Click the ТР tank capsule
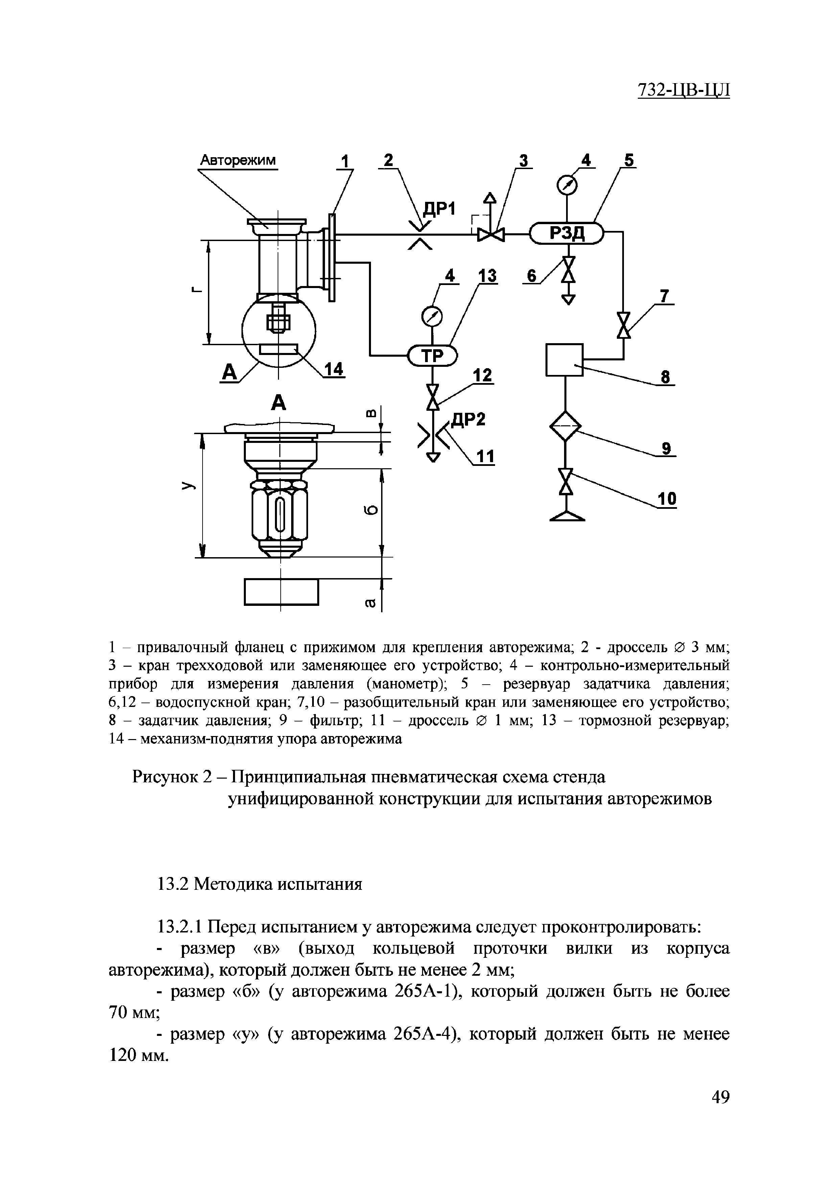pyautogui.click(x=433, y=355)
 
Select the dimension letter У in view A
pyautogui.click(x=188, y=486)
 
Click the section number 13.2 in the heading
pyautogui.click(x=173, y=884)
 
